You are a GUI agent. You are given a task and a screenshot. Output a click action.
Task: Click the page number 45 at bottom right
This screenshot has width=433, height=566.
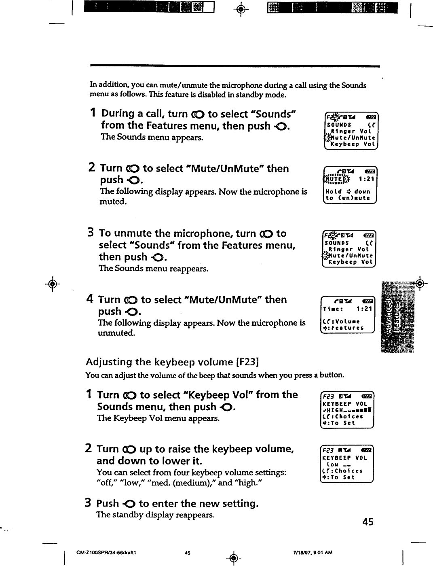[368, 522]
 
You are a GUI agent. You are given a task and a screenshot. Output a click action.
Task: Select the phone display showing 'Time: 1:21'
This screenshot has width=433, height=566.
[348, 315]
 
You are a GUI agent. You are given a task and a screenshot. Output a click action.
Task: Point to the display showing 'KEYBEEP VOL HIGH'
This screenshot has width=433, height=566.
[347, 410]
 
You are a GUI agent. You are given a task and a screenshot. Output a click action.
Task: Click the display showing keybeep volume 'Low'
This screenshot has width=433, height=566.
[347, 464]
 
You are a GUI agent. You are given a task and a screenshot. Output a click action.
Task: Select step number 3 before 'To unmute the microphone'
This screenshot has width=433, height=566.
[91, 233]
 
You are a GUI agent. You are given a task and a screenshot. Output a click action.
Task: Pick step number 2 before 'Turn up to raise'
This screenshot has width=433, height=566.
[89, 449]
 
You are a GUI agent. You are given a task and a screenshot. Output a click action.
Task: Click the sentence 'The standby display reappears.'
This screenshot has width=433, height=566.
[155, 515]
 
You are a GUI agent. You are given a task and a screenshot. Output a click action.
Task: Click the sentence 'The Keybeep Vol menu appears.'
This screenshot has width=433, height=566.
[158, 418]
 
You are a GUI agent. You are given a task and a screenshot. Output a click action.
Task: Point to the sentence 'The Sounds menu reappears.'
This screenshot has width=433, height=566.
[154, 269]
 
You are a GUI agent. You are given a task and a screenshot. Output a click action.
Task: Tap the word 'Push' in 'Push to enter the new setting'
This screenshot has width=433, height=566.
[108, 504]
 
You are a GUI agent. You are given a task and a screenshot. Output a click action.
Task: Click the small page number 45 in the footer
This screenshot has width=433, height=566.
[187, 553]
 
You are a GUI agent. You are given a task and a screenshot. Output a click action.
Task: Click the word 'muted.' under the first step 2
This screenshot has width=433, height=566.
[113, 201]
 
